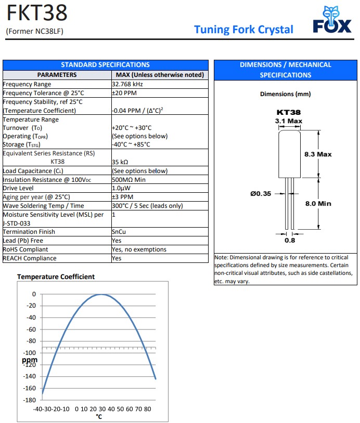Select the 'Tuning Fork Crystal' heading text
point(243,30)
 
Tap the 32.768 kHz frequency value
point(127,84)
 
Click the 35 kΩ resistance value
point(120,162)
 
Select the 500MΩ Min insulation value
point(128,179)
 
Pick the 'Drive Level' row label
point(18,188)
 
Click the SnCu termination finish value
point(119,232)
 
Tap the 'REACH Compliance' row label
point(30,258)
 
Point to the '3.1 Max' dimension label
point(288,121)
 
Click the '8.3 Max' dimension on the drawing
point(318,154)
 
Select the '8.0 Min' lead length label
point(318,204)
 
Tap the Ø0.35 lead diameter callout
point(261,194)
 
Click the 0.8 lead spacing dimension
point(289,241)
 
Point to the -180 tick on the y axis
point(30,400)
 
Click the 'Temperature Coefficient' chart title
point(56,277)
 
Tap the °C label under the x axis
point(99,416)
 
